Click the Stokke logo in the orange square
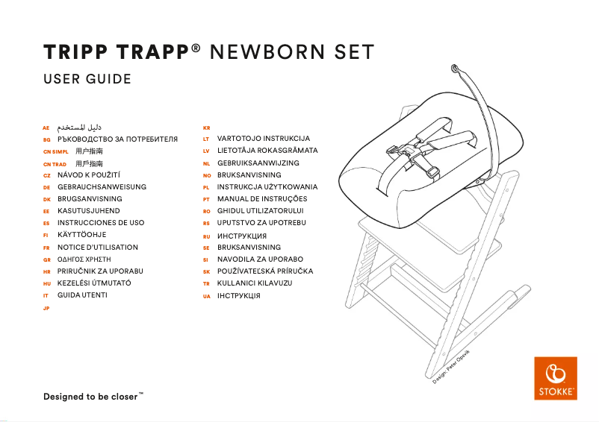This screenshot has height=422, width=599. [x=556, y=379]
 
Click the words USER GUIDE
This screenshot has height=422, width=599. [x=87, y=79]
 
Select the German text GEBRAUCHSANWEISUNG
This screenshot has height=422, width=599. [x=102, y=187]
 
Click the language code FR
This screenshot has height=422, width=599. [x=46, y=248]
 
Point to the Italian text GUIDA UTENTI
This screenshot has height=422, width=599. [x=82, y=295]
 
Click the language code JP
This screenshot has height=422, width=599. [x=46, y=308]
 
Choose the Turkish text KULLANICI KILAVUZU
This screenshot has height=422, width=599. [x=254, y=283]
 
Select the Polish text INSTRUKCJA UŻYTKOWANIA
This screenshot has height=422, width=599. [x=267, y=187]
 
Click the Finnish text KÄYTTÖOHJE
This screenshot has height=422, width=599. [x=81, y=235]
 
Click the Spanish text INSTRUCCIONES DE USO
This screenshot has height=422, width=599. [x=101, y=223]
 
